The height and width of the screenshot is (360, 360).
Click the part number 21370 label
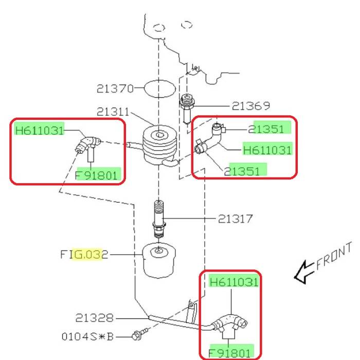114,88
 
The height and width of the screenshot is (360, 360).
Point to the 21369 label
250,106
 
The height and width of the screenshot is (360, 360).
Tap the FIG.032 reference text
84,254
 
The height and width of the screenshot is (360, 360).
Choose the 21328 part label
94,318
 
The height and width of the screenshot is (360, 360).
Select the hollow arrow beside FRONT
303,271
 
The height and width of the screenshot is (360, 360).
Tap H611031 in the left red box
40,130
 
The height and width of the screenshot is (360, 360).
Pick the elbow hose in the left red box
86,142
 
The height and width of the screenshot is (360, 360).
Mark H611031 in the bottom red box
234,282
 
